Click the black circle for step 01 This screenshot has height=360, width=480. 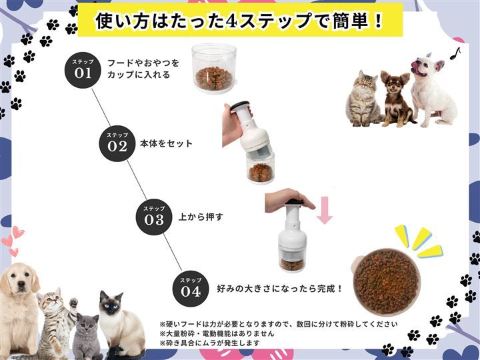coord(83,70)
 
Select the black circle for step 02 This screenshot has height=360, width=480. coord(117,143)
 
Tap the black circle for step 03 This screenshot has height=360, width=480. coord(154,217)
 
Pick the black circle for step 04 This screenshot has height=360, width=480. coord(191,289)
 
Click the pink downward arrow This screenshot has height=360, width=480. coord(325,210)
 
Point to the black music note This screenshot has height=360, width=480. coord(455,53)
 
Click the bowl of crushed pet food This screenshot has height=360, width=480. coord(386,282)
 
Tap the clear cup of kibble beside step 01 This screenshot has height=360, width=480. coord(214,67)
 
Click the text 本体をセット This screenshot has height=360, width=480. coord(166,143)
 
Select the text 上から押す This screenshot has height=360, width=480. coord(201,217)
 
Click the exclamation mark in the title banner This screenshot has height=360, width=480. coord(379,21)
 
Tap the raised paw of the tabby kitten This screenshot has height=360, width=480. coord(73,303)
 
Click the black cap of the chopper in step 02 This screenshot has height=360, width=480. coord(240,105)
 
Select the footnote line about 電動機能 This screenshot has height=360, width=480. coord(217,333)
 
